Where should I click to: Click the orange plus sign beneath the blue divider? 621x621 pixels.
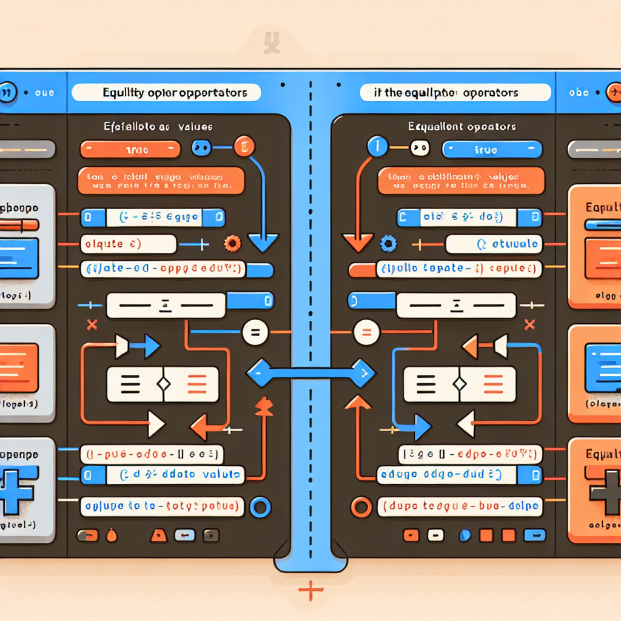tap(310, 589)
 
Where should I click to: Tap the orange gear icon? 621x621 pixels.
tap(231, 244)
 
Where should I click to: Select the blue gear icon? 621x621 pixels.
tap(388, 244)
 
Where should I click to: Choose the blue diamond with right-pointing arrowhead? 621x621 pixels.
tap(362, 372)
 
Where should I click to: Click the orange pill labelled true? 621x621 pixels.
tap(130, 149)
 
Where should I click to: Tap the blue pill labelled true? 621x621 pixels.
tap(492, 149)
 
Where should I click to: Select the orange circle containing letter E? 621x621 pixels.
tap(244, 147)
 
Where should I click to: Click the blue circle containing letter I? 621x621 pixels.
tap(378, 147)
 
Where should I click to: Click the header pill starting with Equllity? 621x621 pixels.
tap(166, 93)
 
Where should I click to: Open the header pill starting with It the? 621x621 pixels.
tap(455, 93)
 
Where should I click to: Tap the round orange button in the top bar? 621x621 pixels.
tap(614, 92)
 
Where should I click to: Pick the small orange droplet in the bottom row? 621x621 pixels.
tap(111, 536)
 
